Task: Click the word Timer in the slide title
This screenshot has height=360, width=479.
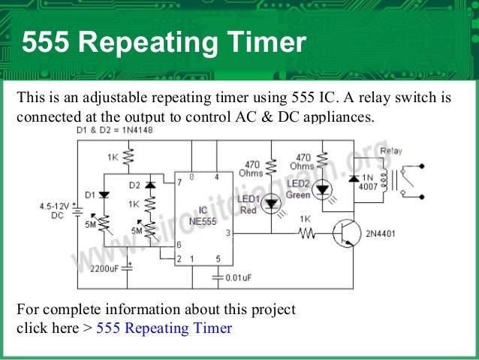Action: pos(266,43)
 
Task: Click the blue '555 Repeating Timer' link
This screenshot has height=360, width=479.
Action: pos(164,328)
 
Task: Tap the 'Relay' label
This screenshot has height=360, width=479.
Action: pos(390,151)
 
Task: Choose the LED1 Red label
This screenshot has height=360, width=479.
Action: pos(248,204)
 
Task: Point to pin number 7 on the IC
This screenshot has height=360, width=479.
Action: pos(179,182)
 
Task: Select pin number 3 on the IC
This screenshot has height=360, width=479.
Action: pos(227,234)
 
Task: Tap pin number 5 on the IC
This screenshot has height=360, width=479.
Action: pos(218,259)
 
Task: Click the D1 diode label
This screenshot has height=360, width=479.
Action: pos(89,195)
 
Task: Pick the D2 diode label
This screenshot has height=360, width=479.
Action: pos(134,185)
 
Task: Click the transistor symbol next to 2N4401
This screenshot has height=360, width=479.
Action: pos(346,234)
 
